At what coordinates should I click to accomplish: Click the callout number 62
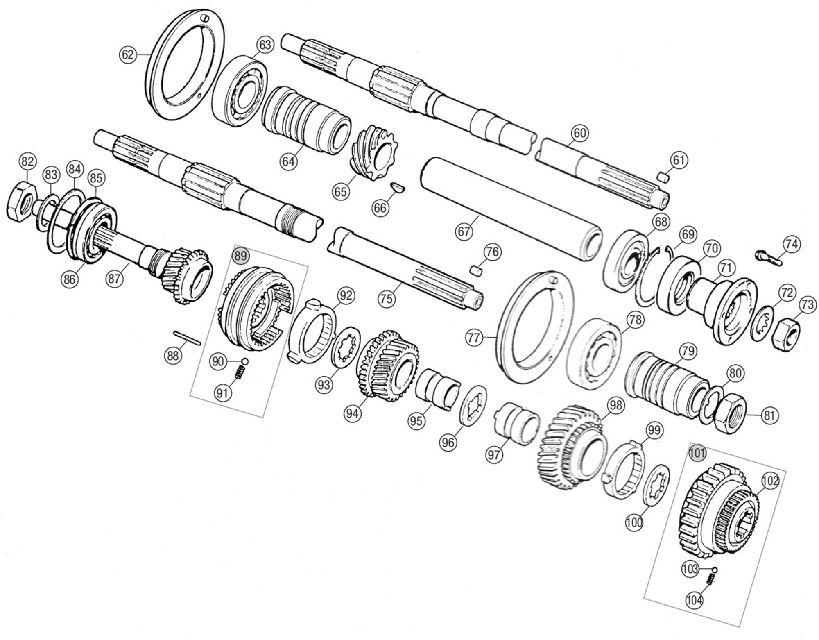pyautogui.click(x=127, y=54)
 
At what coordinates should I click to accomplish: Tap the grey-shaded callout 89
pyautogui.click(x=240, y=256)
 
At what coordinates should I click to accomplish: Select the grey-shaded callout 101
pyautogui.click(x=697, y=453)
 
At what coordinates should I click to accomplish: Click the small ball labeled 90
pyautogui.click(x=244, y=361)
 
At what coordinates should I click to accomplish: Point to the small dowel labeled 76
pyautogui.click(x=475, y=271)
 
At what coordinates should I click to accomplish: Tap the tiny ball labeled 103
pyautogui.click(x=715, y=570)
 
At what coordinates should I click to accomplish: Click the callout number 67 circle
pyautogui.click(x=464, y=232)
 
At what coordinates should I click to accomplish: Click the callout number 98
pyautogui.click(x=615, y=405)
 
